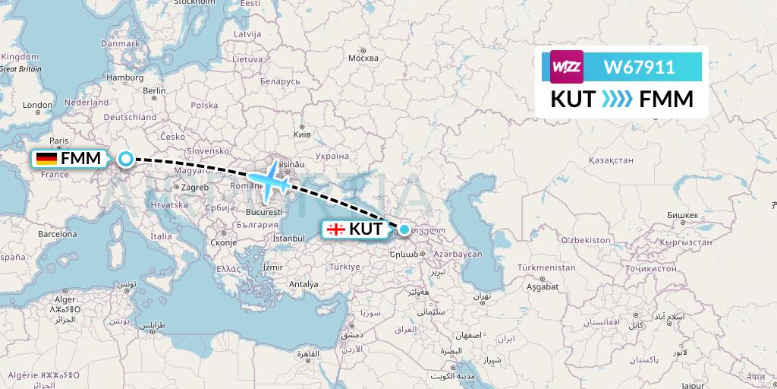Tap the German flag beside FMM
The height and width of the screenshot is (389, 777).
(x=46, y=159)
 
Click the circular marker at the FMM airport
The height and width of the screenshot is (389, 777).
(x=126, y=159)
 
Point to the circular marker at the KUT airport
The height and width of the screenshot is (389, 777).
(x=404, y=229)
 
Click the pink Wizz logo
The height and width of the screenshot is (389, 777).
(x=566, y=67)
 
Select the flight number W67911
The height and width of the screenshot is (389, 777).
(x=639, y=68)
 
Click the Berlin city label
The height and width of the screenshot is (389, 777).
(x=154, y=90)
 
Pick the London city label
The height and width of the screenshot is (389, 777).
(x=37, y=105)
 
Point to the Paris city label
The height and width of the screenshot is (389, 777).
(x=59, y=141)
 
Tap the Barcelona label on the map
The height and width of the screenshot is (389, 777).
(x=58, y=234)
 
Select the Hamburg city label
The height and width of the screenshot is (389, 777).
(x=125, y=77)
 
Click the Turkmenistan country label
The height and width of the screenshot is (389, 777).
(x=547, y=268)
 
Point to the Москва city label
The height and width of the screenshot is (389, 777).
(x=363, y=59)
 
